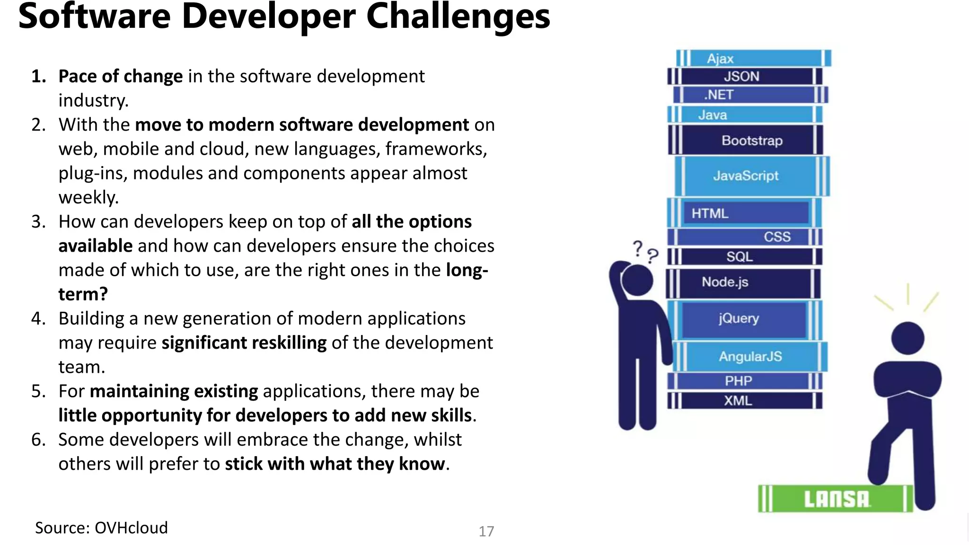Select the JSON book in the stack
[x=744, y=77]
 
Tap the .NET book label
[x=719, y=95]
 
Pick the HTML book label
[x=710, y=214]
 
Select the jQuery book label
[x=739, y=319]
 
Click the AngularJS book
[x=750, y=357]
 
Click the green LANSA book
[x=836, y=499]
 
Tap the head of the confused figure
[x=637, y=281]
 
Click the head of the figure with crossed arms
[x=907, y=338]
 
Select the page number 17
[x=486, y=531]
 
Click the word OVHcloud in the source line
[x=131, y=528]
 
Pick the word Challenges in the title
[x=458, y=17]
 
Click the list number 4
[x=38, y=319]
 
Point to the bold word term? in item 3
[x=83, y=294]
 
